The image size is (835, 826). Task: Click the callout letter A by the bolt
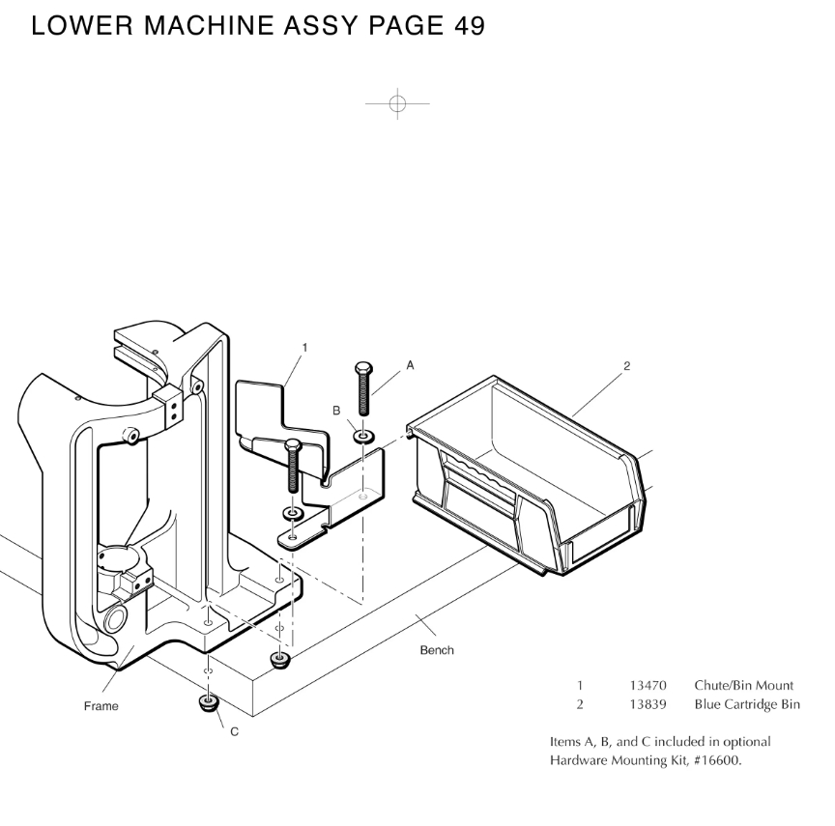tap(410, 365)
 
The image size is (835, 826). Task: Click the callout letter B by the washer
tap(337, 410)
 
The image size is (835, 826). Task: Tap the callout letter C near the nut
tap(234, 731)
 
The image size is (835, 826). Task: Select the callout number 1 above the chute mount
tap(304, 346)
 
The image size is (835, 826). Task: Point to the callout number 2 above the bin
tap(626, 366)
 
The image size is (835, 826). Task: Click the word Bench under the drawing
tap(437, 650)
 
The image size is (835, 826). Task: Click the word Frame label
tap(101, 706)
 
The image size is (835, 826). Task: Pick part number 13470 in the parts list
tap(648, 685)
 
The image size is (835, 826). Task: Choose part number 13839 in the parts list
tap(648, 704)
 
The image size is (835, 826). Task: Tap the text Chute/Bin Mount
tap(743, 685)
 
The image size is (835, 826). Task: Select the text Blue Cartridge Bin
tap(747, 704)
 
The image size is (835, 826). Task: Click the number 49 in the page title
tap(468, 27)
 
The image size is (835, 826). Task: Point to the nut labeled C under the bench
tap(207, 703)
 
